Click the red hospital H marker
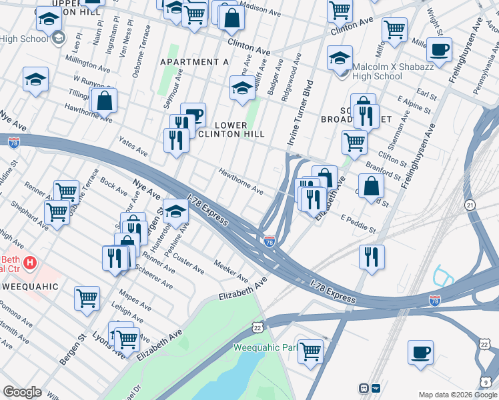tap(29, 263)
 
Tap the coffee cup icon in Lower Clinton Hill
tap(193, 115)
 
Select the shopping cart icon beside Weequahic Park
tap(310, 351)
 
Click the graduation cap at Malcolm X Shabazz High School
tap(340, 58)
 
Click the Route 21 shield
tap(470, 207)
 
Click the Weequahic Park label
tap(265, 348)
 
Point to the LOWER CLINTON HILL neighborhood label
tap(240, 130)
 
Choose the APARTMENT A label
tap(194, 62)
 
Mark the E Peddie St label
tap(358, 224)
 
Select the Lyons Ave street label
tap(104, 344)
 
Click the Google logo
tap(23, 392)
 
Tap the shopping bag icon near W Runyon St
tap(105, 101)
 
